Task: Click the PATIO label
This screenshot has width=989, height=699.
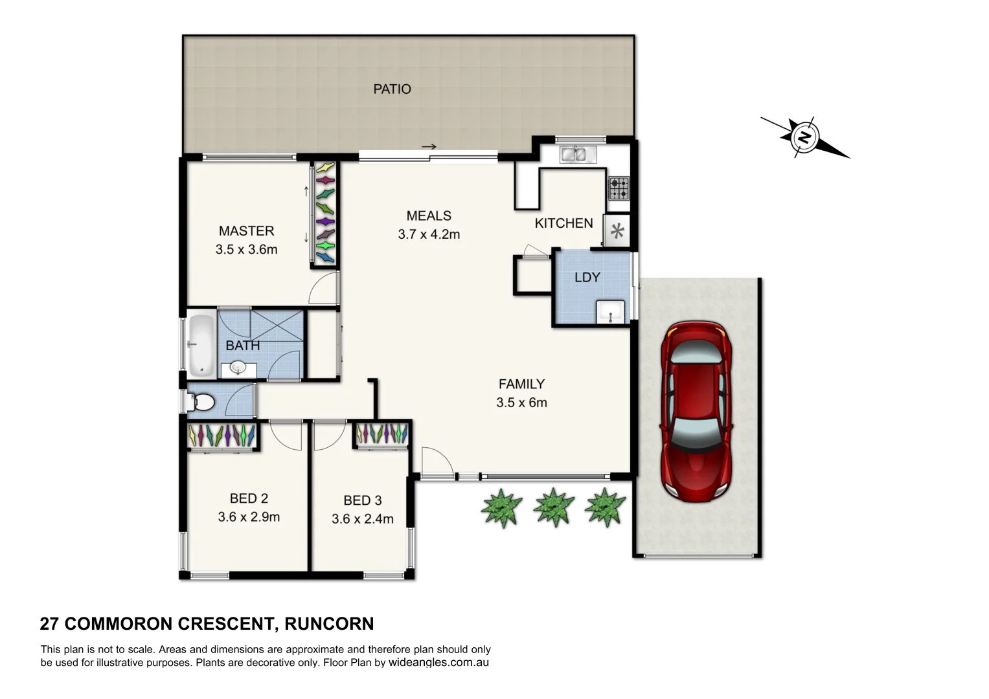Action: pyautogui.click(x=392, y=89)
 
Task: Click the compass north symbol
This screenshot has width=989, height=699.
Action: pyautogui.click(x=804, y=137)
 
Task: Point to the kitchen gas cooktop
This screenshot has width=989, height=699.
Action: pyautogui.click(x=618, y=188)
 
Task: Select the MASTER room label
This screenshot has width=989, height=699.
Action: pyautogui.click(x=246, y=230)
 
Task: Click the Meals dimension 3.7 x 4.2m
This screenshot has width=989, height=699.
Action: pyautogui.click(x=429, y=234)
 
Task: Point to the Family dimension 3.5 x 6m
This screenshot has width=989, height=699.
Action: pyautogui.click(x=521, y=403)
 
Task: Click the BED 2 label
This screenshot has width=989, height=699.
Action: pyautogui.click(x=249, y=498)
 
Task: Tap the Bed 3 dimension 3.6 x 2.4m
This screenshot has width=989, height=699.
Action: pyautogui.click(x=362, y=519)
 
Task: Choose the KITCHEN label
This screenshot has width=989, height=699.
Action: pyautogui.click(x=563, y=223)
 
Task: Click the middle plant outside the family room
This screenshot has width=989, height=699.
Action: pyautogui.click(x=554, y=506)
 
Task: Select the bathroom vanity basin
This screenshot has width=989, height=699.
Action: pyautogui.click(x=237, y=370)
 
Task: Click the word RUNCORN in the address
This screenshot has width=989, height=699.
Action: pyautogui.click(x=330, y=624)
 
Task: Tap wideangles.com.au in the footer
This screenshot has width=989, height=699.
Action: pyautogui.click(x=438, y=663)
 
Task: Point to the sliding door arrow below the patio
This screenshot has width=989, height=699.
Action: pyautogui.click(x=429, y=147)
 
